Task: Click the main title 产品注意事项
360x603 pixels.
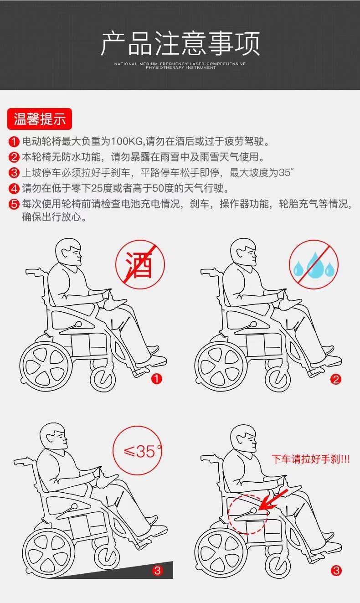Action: click(180, 44)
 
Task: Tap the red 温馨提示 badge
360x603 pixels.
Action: click(40, 119)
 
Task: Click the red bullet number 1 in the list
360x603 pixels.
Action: click(15, 142)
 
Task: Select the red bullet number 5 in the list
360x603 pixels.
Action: click(15, 204)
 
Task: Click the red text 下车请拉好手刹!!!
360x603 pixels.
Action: click(311, 459)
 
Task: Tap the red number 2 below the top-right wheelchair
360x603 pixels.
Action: click(336, 379)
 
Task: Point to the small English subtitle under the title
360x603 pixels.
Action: click(180, 66)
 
